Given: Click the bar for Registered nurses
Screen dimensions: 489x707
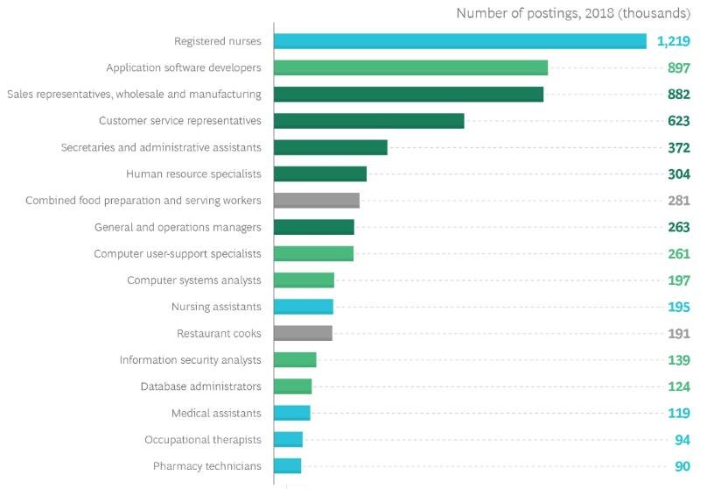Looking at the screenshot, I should pyautogui.click(x=459, y=41).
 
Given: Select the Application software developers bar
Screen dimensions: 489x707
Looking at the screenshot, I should pyautogui.click(x=410, y=67).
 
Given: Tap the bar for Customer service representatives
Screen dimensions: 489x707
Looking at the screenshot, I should pyautogui.click(x=368, y=121).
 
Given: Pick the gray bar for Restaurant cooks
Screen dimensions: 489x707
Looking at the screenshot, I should pyautogui.click(x=303, y=333).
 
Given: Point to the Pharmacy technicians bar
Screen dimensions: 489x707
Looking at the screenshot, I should pyautogui.click(x=287, y=466).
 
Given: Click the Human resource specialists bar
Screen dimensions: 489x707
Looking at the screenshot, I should pyautogui.click(x=319, y=174).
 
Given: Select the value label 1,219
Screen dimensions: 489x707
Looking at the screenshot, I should pyautogui.click(x=674, y=41).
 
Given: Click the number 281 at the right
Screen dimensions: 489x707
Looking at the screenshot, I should pyautogui.click(x=679, y=201).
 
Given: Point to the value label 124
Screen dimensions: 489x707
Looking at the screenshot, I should pyautogui.click(x=679, y=386).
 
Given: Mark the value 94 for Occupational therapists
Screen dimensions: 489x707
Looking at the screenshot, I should pyautogui.click(x=682, y=440).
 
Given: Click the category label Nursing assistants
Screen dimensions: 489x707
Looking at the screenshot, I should pyautogui.click(x=216, y=307).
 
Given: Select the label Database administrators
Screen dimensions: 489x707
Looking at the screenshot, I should pyautogui.click(x=200, y=386).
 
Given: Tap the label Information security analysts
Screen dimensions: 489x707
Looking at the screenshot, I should pyautogui.click(x=190, y=360).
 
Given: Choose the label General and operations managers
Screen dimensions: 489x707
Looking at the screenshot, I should pyautogui.click(x=178, y=227).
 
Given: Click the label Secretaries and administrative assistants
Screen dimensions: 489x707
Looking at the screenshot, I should pyautogui.click(x=161, y=147).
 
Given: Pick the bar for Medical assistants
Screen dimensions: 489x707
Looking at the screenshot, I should pyautogui.click(x=291, y=413).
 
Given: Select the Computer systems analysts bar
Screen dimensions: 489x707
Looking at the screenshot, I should pyautogui.click(x=304, y=280).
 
